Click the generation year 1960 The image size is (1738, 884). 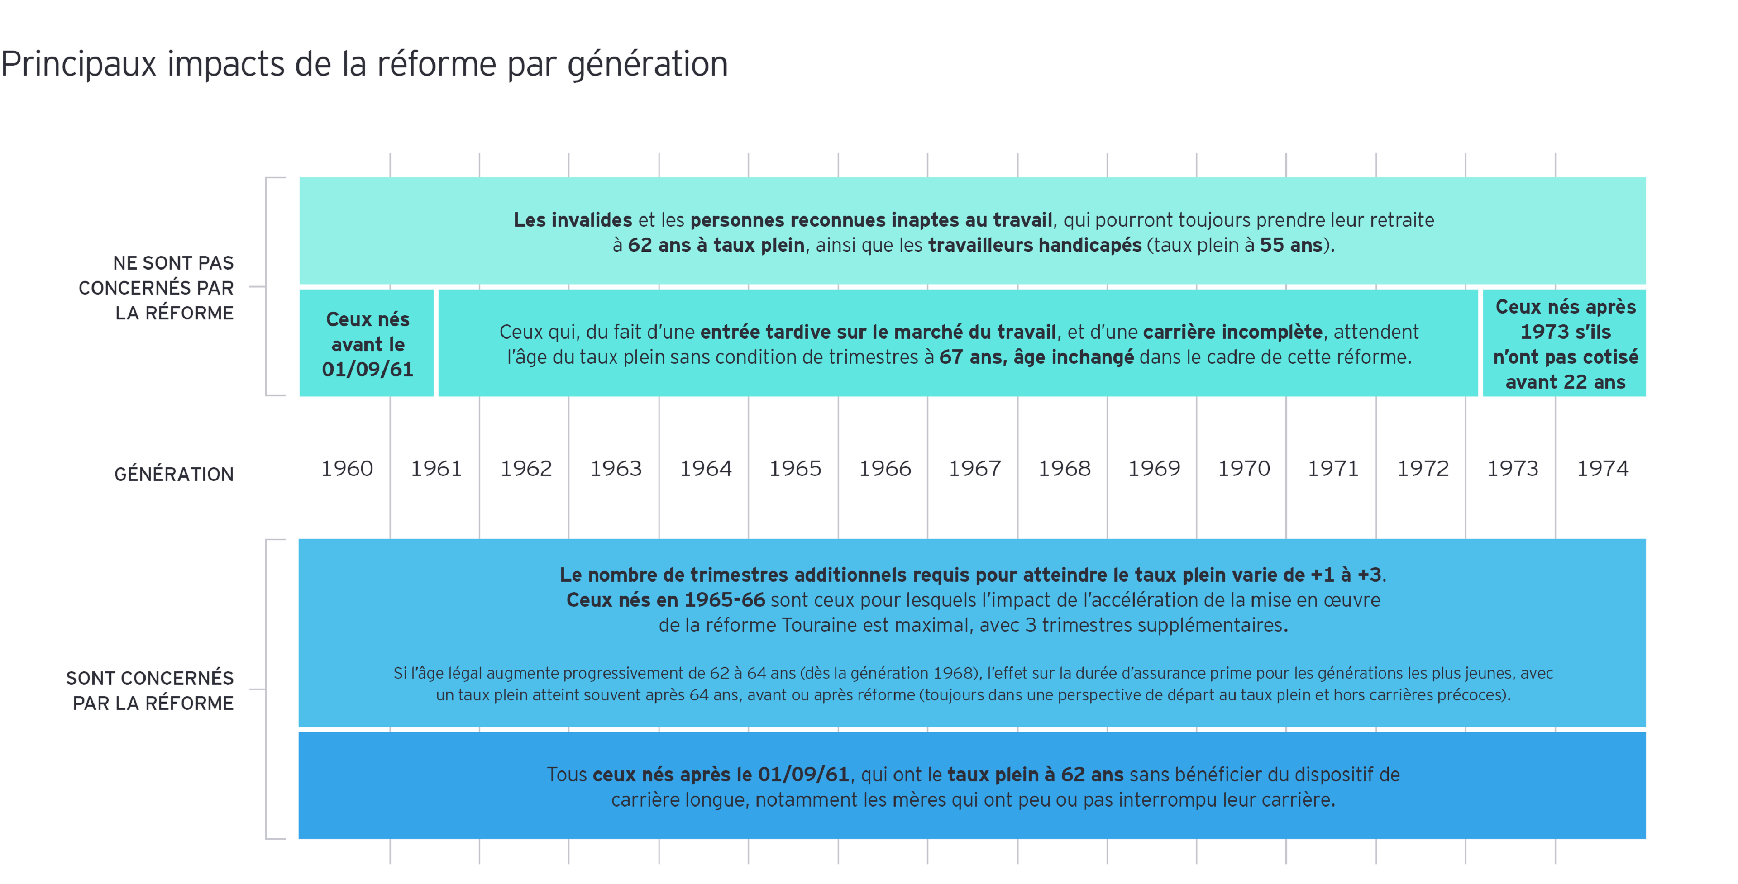tap(347, 468)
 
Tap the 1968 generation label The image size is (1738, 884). tap(1064, 468)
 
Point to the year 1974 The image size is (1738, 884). tap(1602, 468)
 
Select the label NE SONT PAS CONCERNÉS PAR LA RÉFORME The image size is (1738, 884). tap(157, 288)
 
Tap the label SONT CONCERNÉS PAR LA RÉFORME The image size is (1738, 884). tap(150, 690)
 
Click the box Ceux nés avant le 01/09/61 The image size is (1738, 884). tap(367, 344)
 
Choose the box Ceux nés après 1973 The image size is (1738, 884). tap(1565, 344)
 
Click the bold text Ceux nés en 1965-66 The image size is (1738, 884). tap(665, 599)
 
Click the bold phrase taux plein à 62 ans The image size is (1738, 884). tap(1035, 775)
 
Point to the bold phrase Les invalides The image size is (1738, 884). tap(572, 220)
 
